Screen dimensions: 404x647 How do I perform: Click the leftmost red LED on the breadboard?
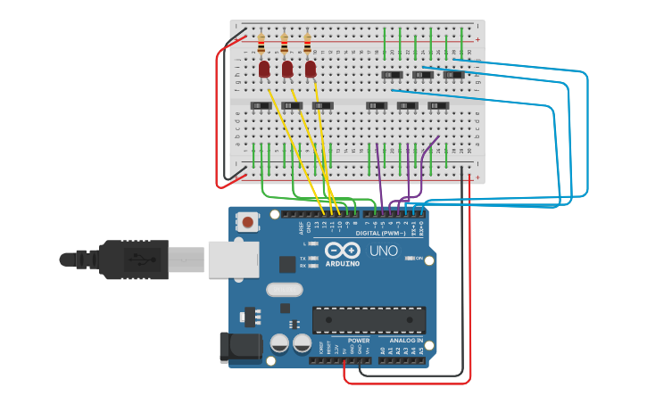coord(264,69)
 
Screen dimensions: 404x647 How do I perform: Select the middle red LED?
coord(287,69)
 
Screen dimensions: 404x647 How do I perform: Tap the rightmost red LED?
coord(311,69)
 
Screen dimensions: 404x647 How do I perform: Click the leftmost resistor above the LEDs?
coord(261,43)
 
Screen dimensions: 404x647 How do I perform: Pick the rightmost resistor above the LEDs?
coord(308,43)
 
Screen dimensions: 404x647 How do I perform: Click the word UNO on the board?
coord(384,251)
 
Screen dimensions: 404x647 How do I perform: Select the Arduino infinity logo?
coord(343,251)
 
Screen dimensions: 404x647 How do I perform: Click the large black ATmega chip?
coord(369,320)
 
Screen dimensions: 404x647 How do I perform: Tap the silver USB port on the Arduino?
coord(233,259)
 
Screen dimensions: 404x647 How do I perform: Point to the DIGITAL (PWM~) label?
coord(381,233)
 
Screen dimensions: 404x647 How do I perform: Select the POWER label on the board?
coord(359,341)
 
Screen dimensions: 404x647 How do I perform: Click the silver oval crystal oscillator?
coord(284,290)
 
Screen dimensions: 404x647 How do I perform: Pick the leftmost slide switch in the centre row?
coord(261,106)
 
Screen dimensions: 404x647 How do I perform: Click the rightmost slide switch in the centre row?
coord(437,106)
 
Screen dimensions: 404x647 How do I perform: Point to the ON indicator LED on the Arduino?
coord(412,258)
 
